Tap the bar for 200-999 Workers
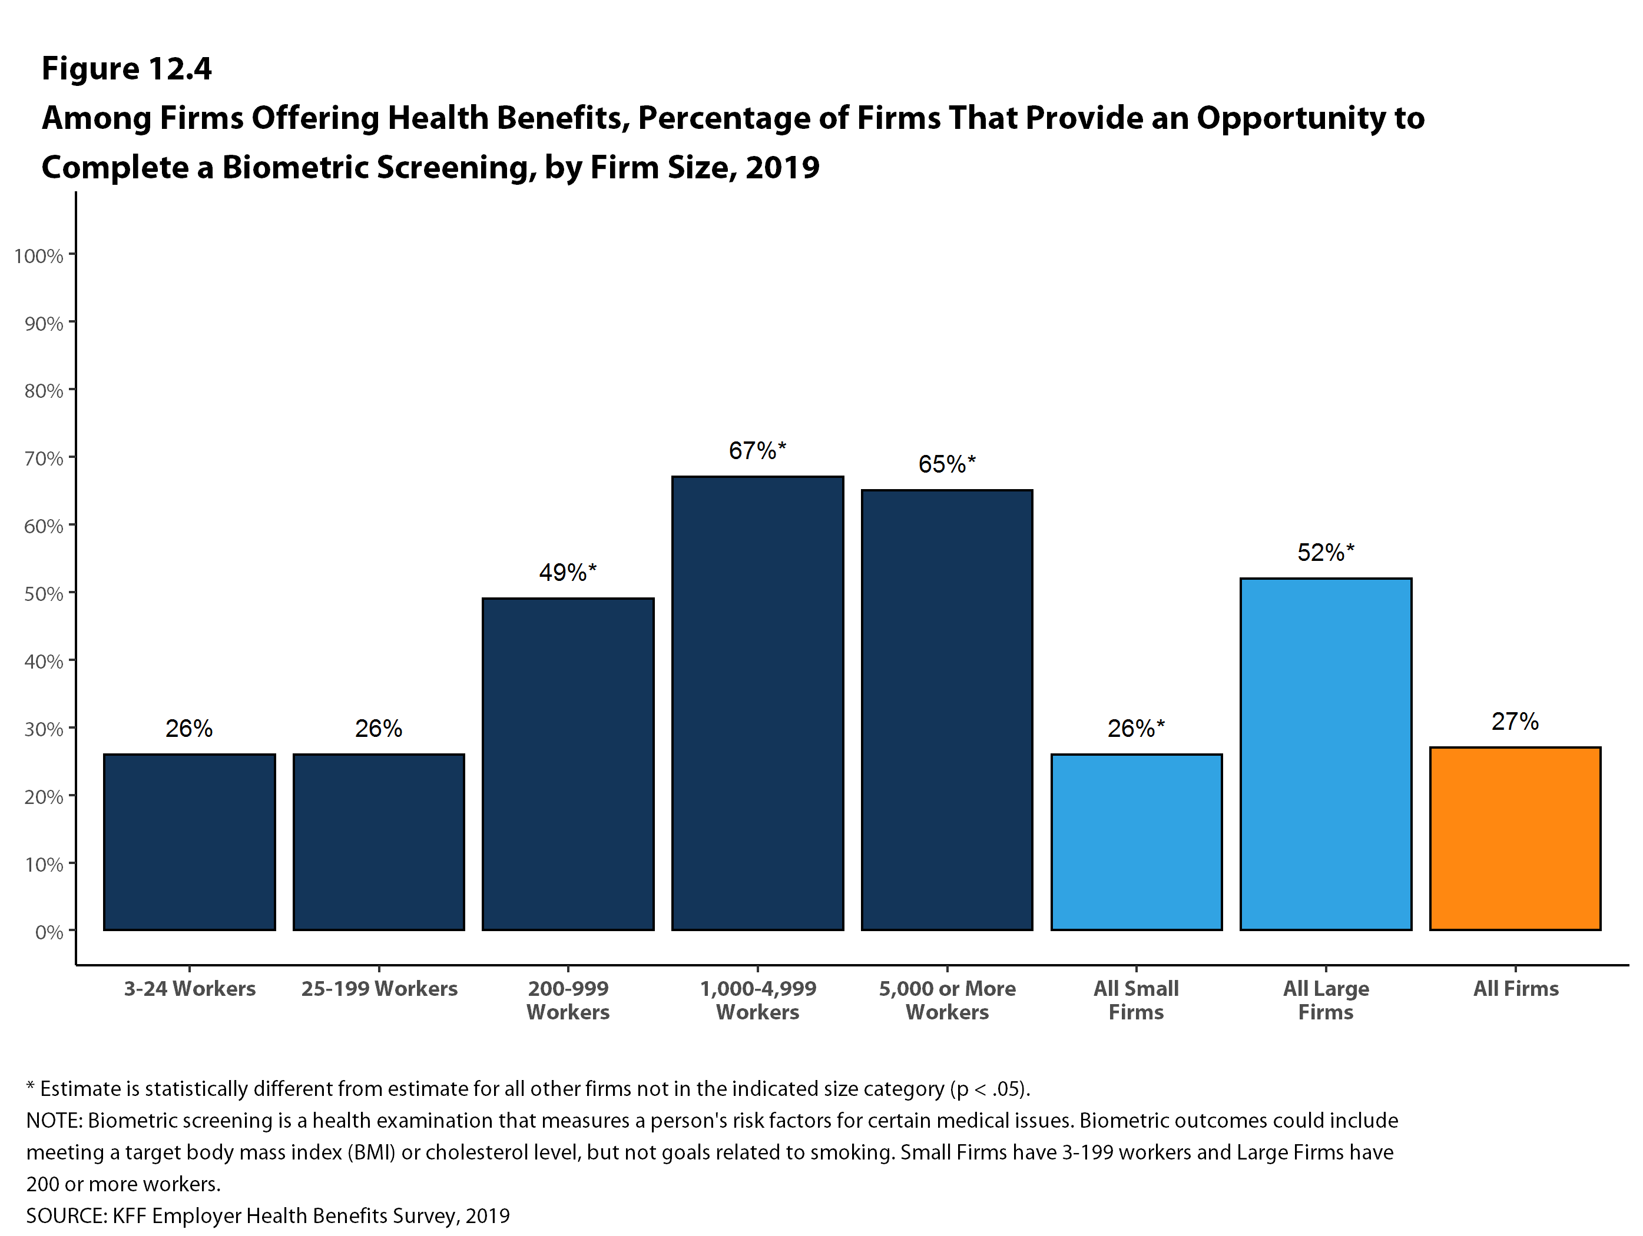(x=568, y=764)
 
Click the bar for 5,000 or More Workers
(x=947, y=710)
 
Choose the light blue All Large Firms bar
(x=1326, y=753)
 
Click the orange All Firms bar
(x=1515, y=838)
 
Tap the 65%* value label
(x=946, y=464)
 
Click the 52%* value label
(x=1325, y=552)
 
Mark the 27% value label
(x=1515, y=722)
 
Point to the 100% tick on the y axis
(x=39, y=256)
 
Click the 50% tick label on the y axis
(x=43, y=594)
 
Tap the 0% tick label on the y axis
(x=49, y=932)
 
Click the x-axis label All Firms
(x=1515, y=989)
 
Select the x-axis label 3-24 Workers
(x=190, y=989)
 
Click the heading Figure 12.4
(x=126, y=69)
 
